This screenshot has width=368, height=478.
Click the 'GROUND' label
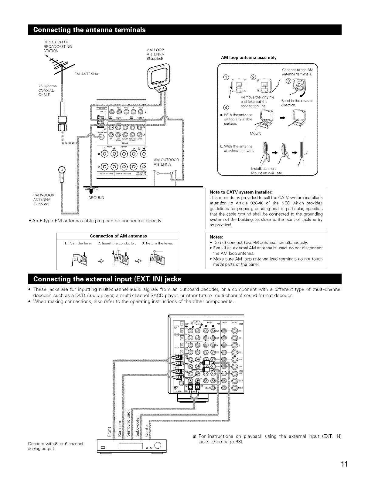point(96,198)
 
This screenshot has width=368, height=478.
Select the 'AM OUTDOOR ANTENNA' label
point(167,162)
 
